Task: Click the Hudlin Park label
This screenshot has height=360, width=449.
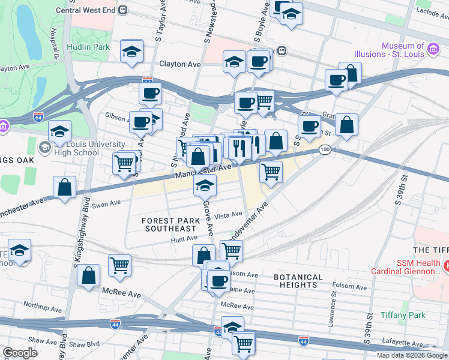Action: [88, 46]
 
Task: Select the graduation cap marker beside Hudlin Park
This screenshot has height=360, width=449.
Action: [131, 52]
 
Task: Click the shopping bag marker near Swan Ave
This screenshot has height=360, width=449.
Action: [65, 188]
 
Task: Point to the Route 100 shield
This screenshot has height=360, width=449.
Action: [325, 149]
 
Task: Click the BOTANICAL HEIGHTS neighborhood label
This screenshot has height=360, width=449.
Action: [298, 281]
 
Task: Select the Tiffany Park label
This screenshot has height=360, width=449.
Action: [403, 315]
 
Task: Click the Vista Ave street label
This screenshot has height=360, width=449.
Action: [228, 215]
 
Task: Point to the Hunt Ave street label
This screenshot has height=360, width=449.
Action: [184, 238]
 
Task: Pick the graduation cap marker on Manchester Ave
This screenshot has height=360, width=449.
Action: [205, 187]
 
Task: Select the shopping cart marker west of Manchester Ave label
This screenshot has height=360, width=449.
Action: [124, 163]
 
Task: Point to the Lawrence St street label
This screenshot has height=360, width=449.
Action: [331, 312]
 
